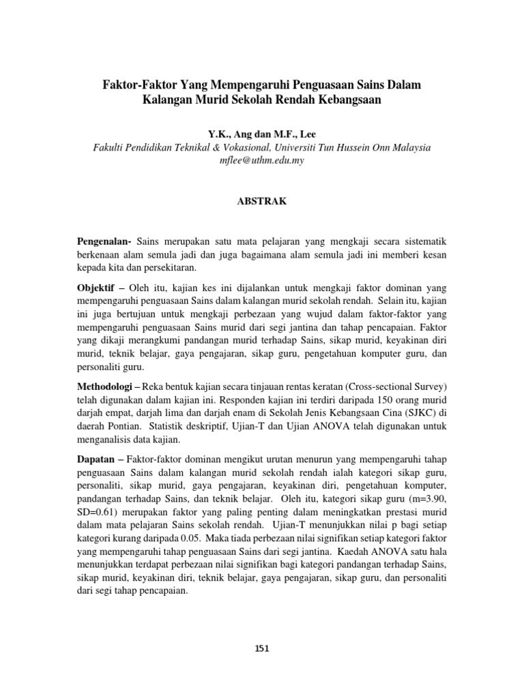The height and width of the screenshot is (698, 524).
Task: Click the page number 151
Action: pyautogui.click(x=262, y=648)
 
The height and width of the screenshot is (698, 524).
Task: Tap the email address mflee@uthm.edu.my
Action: pyautogui.click(x=262, y=160)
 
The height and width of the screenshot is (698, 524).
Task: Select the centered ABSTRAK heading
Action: pyautogui.click(x=262, y=201)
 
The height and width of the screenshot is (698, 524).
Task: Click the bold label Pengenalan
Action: pyautogui.click(x=104, y=242)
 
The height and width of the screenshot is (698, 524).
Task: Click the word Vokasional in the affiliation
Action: pyautogui.click(x=255, y=147)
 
